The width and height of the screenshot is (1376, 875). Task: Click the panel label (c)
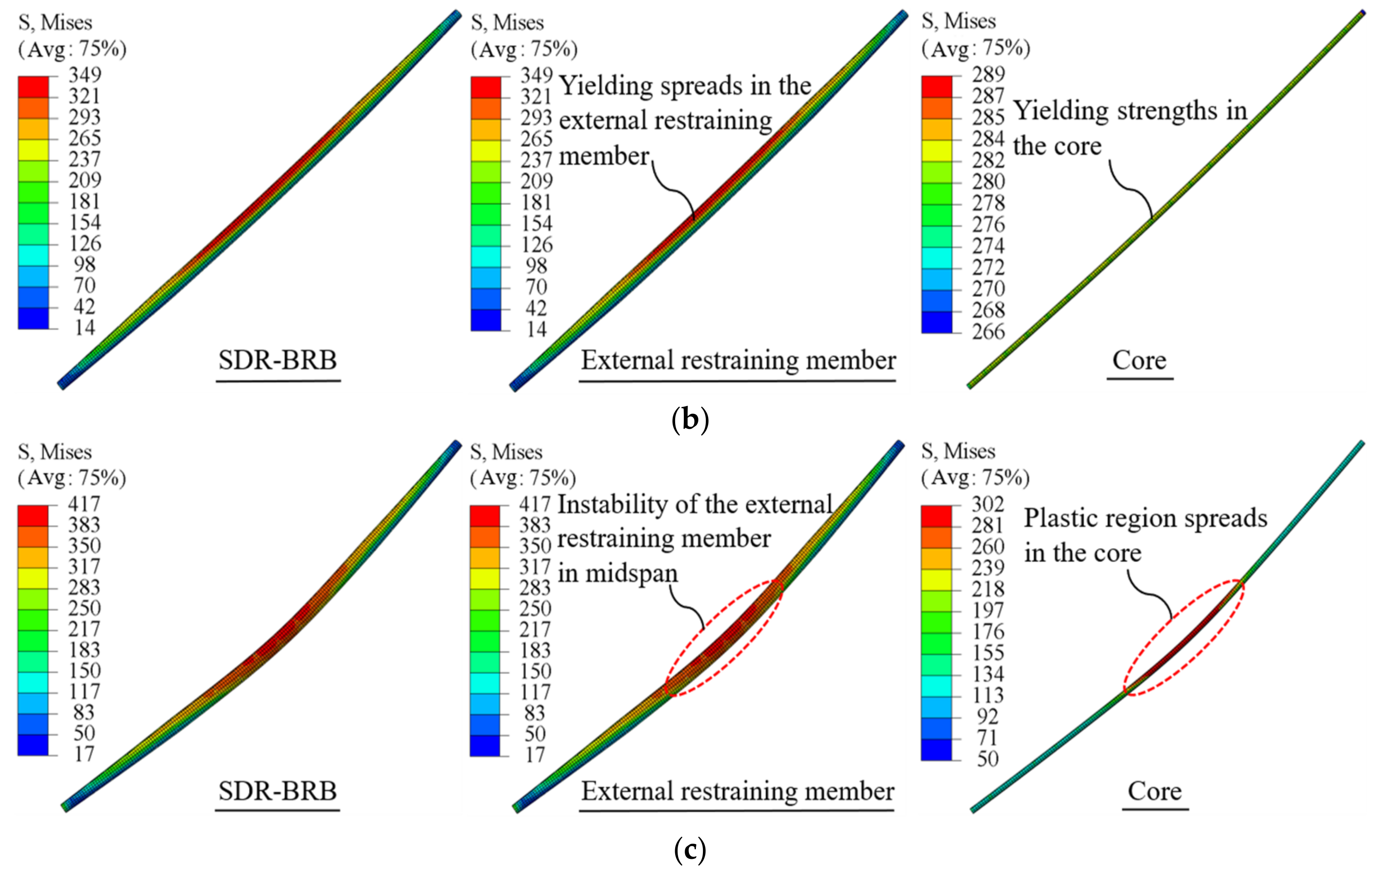point(690,851)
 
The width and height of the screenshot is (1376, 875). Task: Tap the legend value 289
point(988,74)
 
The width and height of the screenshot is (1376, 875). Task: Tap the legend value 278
point(988,203)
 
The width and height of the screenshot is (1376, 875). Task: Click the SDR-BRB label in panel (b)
point(278,361)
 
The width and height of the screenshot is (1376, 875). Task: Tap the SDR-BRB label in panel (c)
point(278,791)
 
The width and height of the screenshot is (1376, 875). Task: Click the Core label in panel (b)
point(1140,361)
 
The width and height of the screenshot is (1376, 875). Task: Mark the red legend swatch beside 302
point(936,516)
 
